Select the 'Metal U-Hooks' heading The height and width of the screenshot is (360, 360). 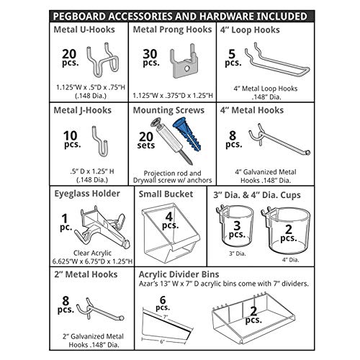[86, 31]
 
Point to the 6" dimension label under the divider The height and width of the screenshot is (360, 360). [163, 341]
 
